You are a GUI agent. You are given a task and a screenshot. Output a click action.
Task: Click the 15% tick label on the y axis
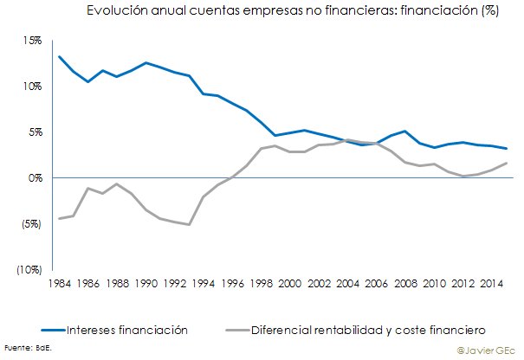coord(32,41)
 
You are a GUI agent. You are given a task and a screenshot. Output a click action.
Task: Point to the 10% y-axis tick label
coord(32,87)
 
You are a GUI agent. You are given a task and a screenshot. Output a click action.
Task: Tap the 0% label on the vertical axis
coord(36,178)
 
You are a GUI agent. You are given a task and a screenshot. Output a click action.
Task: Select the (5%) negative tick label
coord(31,224)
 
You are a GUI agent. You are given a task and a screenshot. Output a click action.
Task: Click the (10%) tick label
coord(29,270)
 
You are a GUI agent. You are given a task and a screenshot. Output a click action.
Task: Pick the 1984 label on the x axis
coord(60,284)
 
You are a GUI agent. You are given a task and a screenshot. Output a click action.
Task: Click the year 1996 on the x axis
coord(233,284)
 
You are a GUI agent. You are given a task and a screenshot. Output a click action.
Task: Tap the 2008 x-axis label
coord(405,284)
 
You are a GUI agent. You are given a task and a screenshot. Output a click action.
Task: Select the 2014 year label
coord(492,284)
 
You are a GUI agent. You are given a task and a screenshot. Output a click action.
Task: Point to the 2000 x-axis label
coord(290,284)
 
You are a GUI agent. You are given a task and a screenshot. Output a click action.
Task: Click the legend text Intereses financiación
coord(127,331)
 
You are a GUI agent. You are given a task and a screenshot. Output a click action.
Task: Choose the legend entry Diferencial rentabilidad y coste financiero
coord(368,331)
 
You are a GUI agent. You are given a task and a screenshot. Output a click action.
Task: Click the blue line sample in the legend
coord(53,331)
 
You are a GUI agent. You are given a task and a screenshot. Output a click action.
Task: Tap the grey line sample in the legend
coord(237,331)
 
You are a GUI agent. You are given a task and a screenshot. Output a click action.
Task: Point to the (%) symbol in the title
coord(490,10)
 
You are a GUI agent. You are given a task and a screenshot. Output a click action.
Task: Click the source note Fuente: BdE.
coord(28,348)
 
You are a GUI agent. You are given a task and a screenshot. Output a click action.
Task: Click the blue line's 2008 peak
coord(405,131)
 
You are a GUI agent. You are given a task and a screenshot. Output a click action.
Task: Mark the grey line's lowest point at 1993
coord(189,224)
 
